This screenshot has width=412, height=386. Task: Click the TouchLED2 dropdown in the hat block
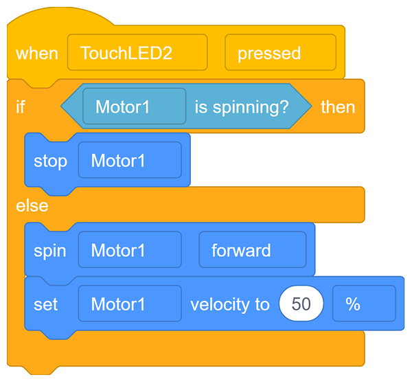coord(137,53)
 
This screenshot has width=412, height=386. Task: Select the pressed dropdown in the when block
coord(280,53)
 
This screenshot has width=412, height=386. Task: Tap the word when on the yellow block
coord(37,53)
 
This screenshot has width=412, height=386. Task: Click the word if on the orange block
coord(21,107)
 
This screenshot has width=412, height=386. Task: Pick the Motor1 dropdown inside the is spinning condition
coord(134,107)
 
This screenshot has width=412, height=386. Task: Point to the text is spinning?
coord(242,107)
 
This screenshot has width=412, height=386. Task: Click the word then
coord(338,107)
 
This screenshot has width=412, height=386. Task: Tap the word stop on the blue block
coord(51,161)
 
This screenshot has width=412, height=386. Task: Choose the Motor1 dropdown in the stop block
coord(130,161)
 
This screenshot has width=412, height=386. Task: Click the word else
coord(32,205)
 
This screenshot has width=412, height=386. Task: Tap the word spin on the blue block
coord(50,250)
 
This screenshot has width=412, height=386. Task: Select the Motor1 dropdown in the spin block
coord(130,250)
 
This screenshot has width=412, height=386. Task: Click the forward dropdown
coord(252,250)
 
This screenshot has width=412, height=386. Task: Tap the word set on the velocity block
coord(45,304)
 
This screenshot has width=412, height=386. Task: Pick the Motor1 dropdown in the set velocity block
coord(130,304)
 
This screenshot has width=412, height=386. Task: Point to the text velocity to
coord(230,304)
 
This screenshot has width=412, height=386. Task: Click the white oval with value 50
coord(301,304)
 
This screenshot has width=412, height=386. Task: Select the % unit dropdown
coord(363,304)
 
